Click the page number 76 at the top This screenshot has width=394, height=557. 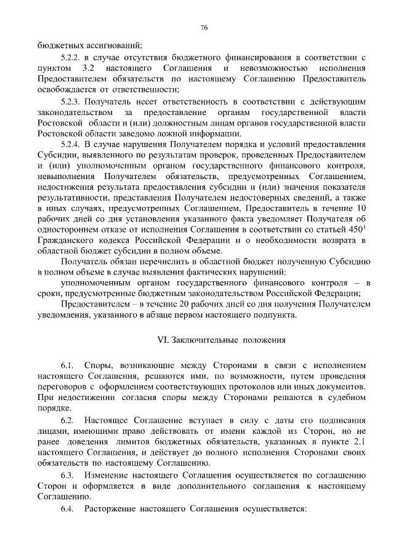pyautogui.click(x=204, y=28)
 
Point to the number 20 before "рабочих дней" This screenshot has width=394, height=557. pyautogui.click(x=157, y=305)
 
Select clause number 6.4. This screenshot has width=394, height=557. pyautogui.click(x=67, y=510)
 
